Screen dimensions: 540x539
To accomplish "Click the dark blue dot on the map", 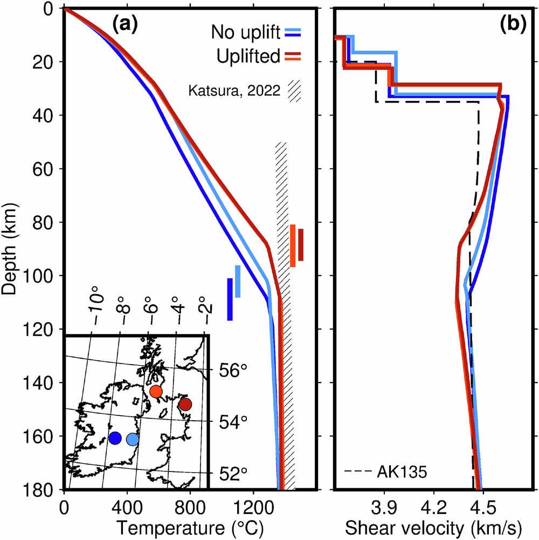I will tap(114, 438).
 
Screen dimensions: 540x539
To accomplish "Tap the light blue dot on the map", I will tap(133, 440).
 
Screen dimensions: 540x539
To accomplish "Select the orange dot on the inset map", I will tap(156, 392).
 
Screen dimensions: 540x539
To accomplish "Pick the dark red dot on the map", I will tap(185, 404).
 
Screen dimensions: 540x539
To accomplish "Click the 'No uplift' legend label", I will tap(245, 33).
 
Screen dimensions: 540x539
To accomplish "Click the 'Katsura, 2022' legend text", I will tap(234, 91).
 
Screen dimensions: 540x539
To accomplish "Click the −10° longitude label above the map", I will tap(95, 308).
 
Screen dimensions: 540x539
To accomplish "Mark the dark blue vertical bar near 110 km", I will tap(230, 299).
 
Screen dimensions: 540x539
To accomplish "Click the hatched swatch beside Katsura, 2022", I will tap(294, 91).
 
